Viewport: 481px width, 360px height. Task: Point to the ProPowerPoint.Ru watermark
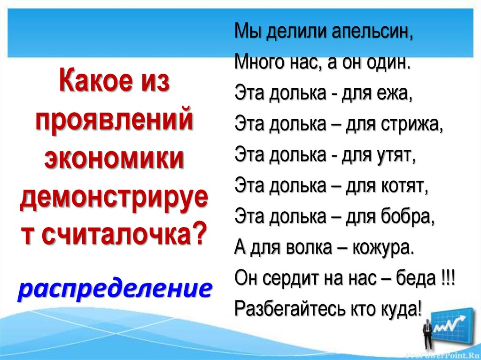tap(442, 354)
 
